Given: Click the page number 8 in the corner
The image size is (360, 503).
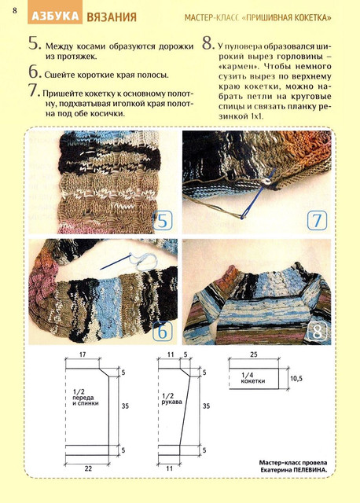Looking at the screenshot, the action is (x=15, y=10).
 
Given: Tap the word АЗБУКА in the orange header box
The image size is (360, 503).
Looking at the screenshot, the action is (x=55, y=17).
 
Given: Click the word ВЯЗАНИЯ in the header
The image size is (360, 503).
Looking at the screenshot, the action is (x=112, y=17).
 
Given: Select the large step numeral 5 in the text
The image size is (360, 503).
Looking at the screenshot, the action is (x=35, y=44).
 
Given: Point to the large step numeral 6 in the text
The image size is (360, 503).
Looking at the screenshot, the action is (x=35, y=72).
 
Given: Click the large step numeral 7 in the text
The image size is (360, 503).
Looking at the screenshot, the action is (x=35, y=90).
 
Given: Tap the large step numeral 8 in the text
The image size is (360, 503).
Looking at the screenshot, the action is (x=208, y=44).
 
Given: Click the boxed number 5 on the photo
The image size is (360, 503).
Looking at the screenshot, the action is (x=163, y=221).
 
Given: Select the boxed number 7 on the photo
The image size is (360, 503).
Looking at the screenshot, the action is (x=317, y=221).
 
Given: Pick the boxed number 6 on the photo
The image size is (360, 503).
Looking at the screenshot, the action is (x=163, y=332).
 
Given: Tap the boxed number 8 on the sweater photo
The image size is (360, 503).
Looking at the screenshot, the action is (x=317, y=332).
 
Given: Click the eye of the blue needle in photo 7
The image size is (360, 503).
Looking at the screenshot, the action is (x=245, y=214).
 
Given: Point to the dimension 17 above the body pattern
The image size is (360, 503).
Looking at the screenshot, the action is (x=83, y=354).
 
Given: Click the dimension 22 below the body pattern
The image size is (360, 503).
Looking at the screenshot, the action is (x=88, y=468).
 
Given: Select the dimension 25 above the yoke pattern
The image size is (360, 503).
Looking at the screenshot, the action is (x=253, y=354).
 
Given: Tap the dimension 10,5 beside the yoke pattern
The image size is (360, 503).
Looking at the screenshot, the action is (x=296, y=379).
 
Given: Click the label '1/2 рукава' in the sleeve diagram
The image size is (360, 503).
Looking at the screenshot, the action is (x=171, y=398).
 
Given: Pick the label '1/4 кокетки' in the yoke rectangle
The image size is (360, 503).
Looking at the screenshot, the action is (x=253, y=378).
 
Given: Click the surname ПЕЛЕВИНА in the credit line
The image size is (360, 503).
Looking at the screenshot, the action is (x=311, y=470).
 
